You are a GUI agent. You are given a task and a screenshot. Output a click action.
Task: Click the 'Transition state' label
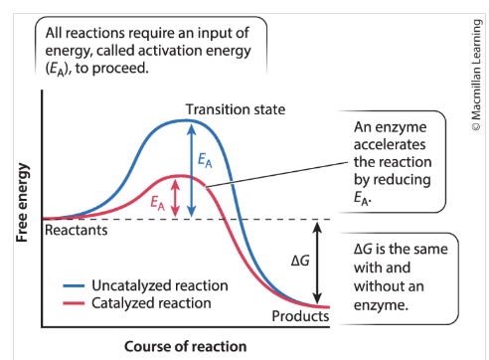[236, 108]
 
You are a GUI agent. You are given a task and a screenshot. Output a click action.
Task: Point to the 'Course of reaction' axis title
[185, 346]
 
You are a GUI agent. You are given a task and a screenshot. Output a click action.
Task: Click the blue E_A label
[205, 160]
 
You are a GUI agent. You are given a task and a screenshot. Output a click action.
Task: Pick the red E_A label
[157, 202]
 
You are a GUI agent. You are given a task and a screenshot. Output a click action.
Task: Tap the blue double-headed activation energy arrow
[191, 169]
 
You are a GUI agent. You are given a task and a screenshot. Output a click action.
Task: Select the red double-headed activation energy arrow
[176, 197]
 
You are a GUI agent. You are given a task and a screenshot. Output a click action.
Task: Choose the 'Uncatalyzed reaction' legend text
[160, 285]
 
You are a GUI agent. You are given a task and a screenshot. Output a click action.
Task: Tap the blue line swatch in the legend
[71, 286]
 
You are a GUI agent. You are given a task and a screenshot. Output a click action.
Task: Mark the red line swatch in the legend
[71, 302]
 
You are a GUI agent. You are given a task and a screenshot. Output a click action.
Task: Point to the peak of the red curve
[175, 176]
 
